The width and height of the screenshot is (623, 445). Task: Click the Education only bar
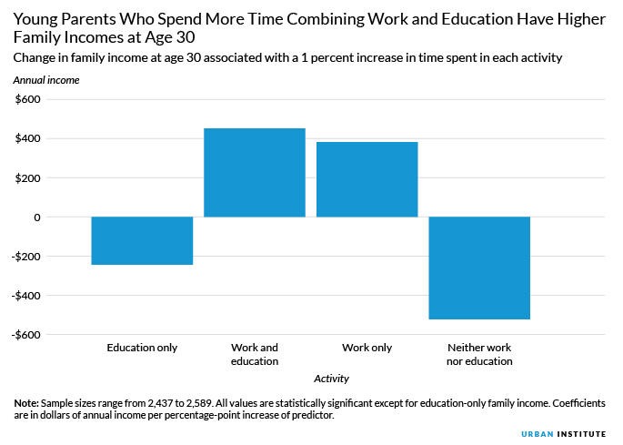(142, 240)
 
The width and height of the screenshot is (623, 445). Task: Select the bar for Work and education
(255, 173)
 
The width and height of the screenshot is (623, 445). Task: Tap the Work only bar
(367, 179)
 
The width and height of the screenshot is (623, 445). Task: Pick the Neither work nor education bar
(479, 268)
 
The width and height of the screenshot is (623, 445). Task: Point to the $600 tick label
(27, 99)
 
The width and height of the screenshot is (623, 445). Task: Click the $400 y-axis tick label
(27, 138)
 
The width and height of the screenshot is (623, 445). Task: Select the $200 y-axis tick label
(27, 177)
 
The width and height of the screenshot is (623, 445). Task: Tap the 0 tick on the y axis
(36, 217)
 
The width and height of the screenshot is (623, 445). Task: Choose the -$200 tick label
(25, 256)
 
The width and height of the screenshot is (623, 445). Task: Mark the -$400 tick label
(25, 295)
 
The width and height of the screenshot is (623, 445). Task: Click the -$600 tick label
(25, 334)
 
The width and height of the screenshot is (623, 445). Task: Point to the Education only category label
(142, 348)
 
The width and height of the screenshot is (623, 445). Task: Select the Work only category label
(367, 348)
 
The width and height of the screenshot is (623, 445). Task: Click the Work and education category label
(255, 354)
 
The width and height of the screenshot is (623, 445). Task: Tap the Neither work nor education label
(479, 354)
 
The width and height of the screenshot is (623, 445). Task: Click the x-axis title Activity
(331, 379)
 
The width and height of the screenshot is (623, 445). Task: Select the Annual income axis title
(45, 80)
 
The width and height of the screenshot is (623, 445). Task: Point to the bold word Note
(26, 402)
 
